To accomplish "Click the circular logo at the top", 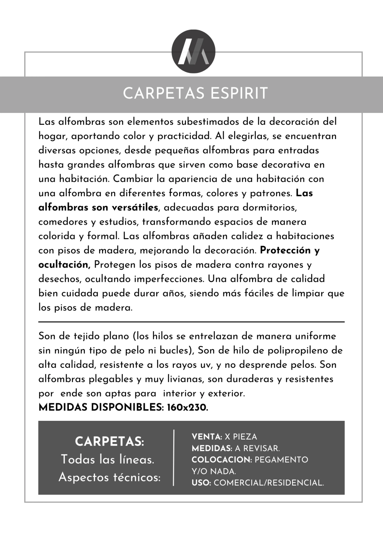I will click(x=193, y=51).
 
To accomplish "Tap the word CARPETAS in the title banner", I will click(x=165, y=93).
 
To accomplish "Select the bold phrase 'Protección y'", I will click(x=290, y=250).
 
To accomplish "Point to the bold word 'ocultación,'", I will click(x=64, y=265).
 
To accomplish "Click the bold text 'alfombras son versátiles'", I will click(x=98, y=207).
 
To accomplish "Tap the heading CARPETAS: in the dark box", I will click(x=109, y=441).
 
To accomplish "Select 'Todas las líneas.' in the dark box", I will click(x=108, y=459).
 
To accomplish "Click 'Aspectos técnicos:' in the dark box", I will click(x=110, y=477).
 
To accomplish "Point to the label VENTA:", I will click(x=207, y=437).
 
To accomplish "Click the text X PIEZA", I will click(x=241, y=437).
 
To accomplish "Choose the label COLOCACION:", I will click(x=222, y=460).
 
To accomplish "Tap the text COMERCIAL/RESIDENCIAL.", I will click(x=269, y=483).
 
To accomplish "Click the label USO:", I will click(x=202, y=483).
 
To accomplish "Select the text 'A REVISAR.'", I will click(x=257, y=449).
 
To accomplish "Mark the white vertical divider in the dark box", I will click(x=174, y=458).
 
